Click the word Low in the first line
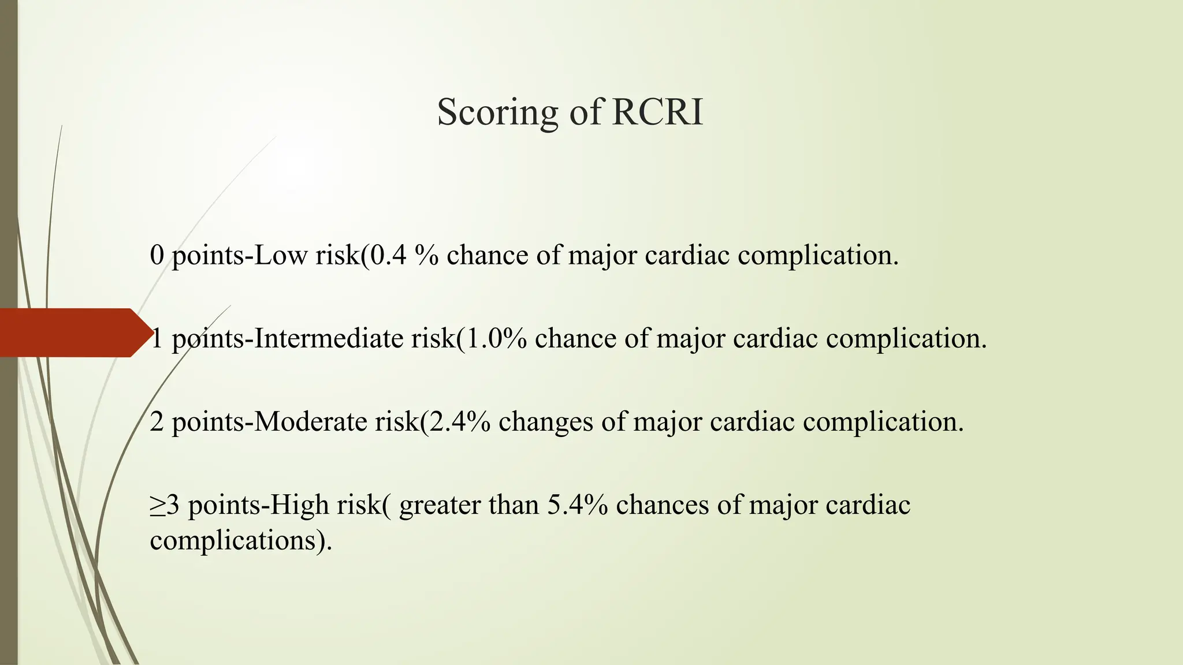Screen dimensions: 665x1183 coord(281,255)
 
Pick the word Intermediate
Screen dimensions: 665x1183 coord(329,338)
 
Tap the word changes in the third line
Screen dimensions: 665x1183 coord(546,423)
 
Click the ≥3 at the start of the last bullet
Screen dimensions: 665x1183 coord(165,505)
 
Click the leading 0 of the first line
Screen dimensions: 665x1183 coord(157,255)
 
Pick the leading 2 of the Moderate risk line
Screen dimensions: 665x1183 coord(157,421)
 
